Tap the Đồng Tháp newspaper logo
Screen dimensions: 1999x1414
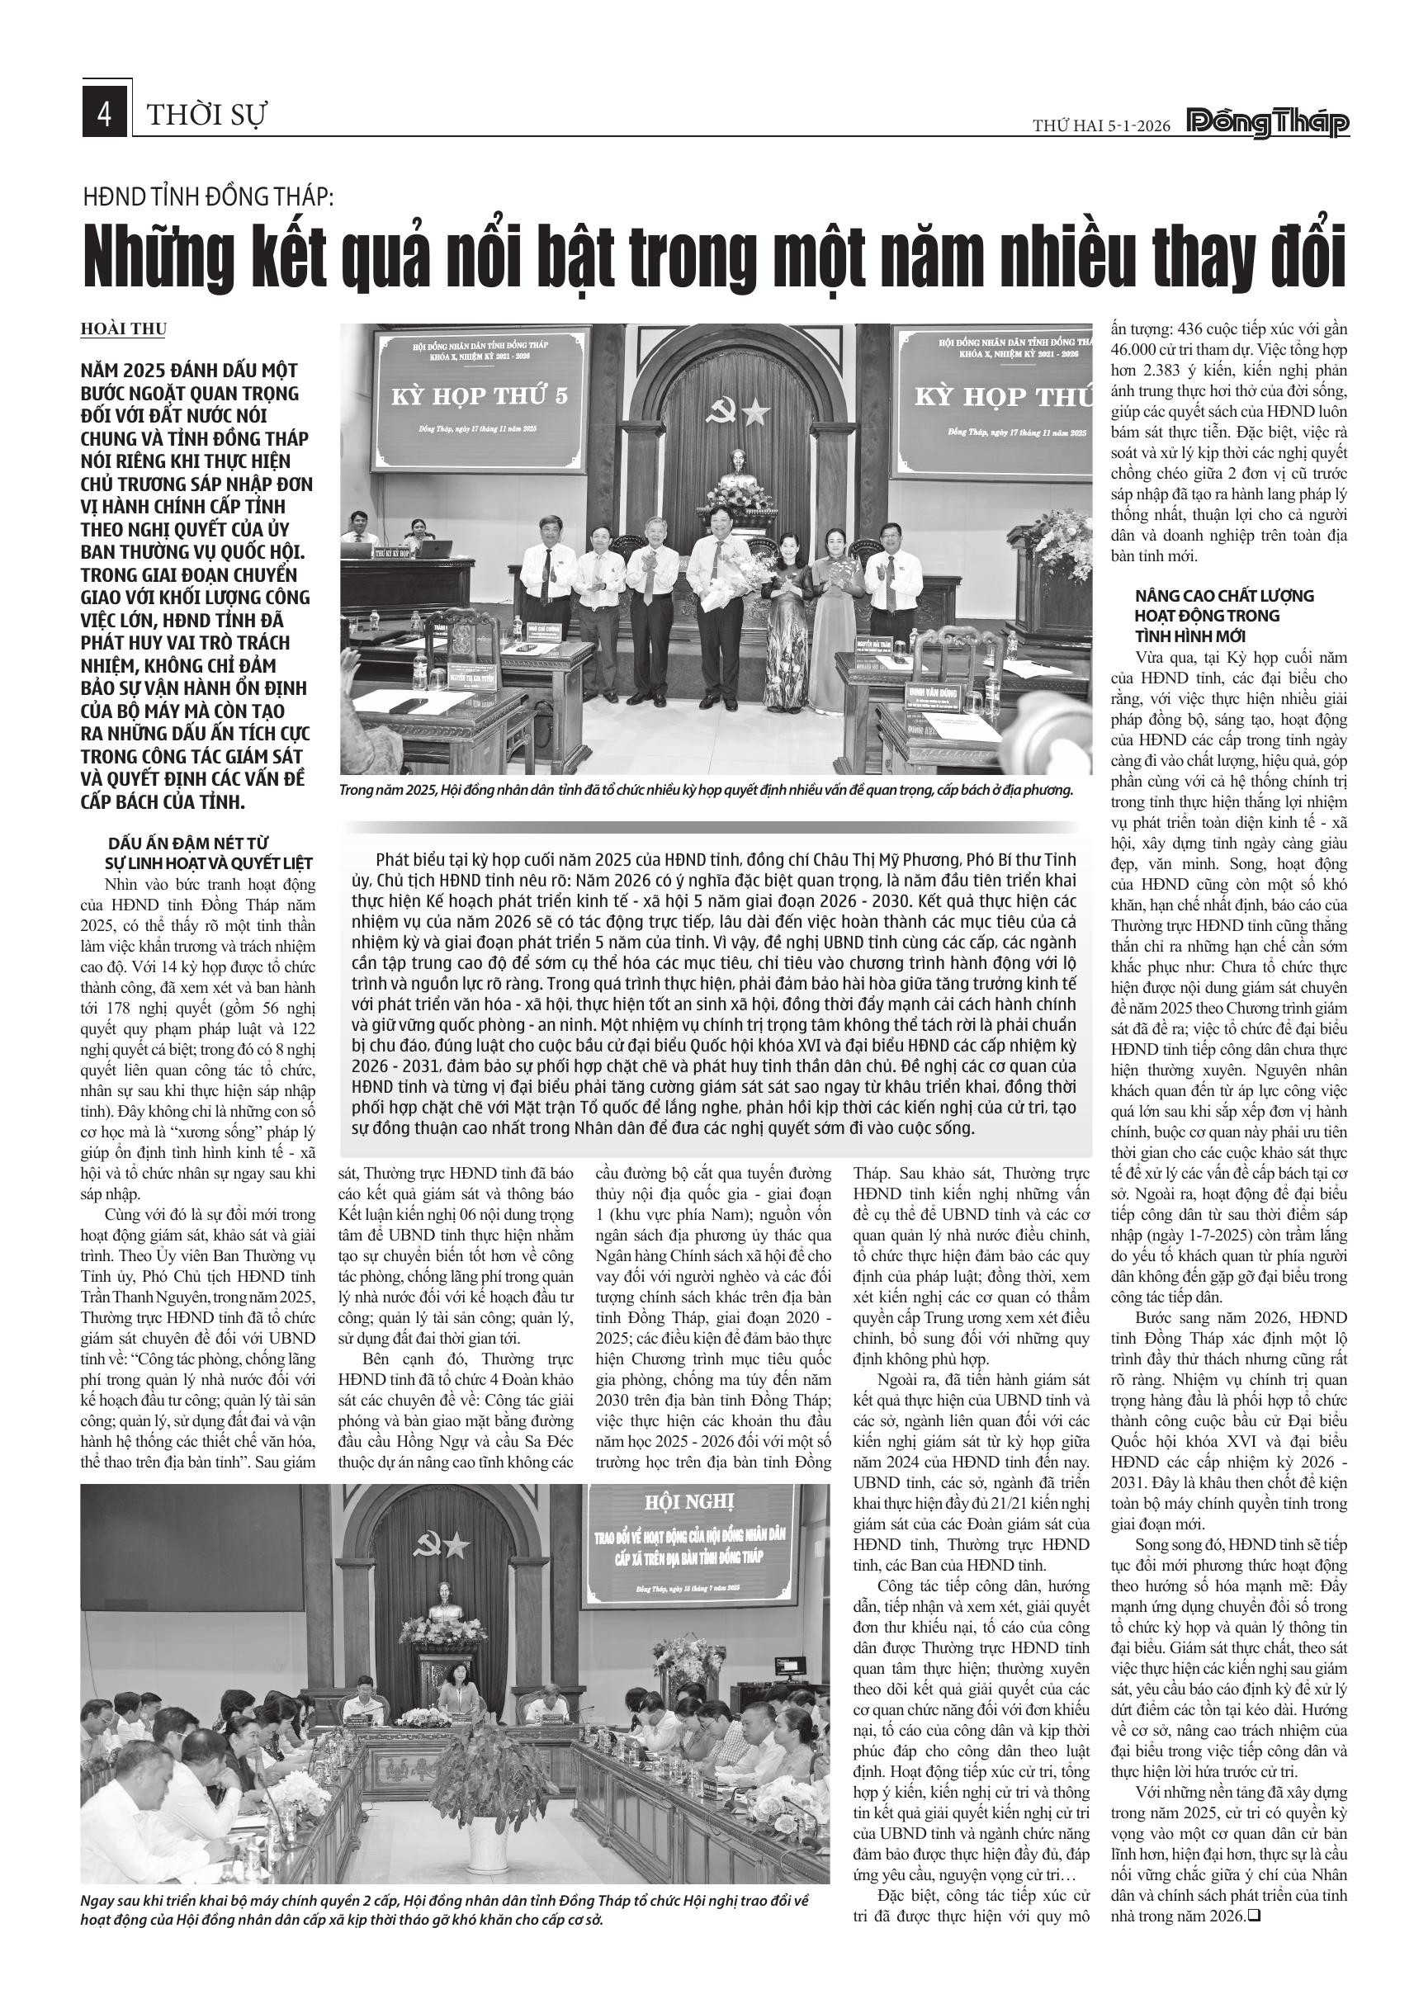coord(1269,125)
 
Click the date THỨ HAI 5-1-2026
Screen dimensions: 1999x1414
coord(1101,126)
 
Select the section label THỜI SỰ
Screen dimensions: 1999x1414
coord(206,115)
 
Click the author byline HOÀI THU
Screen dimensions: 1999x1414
coord(123,329)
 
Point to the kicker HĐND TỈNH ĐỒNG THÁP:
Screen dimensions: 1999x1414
coord(208,196)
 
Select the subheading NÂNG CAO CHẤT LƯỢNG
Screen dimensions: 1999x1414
coord(1224,596)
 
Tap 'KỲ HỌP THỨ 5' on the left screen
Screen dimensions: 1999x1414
coord(479,396)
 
